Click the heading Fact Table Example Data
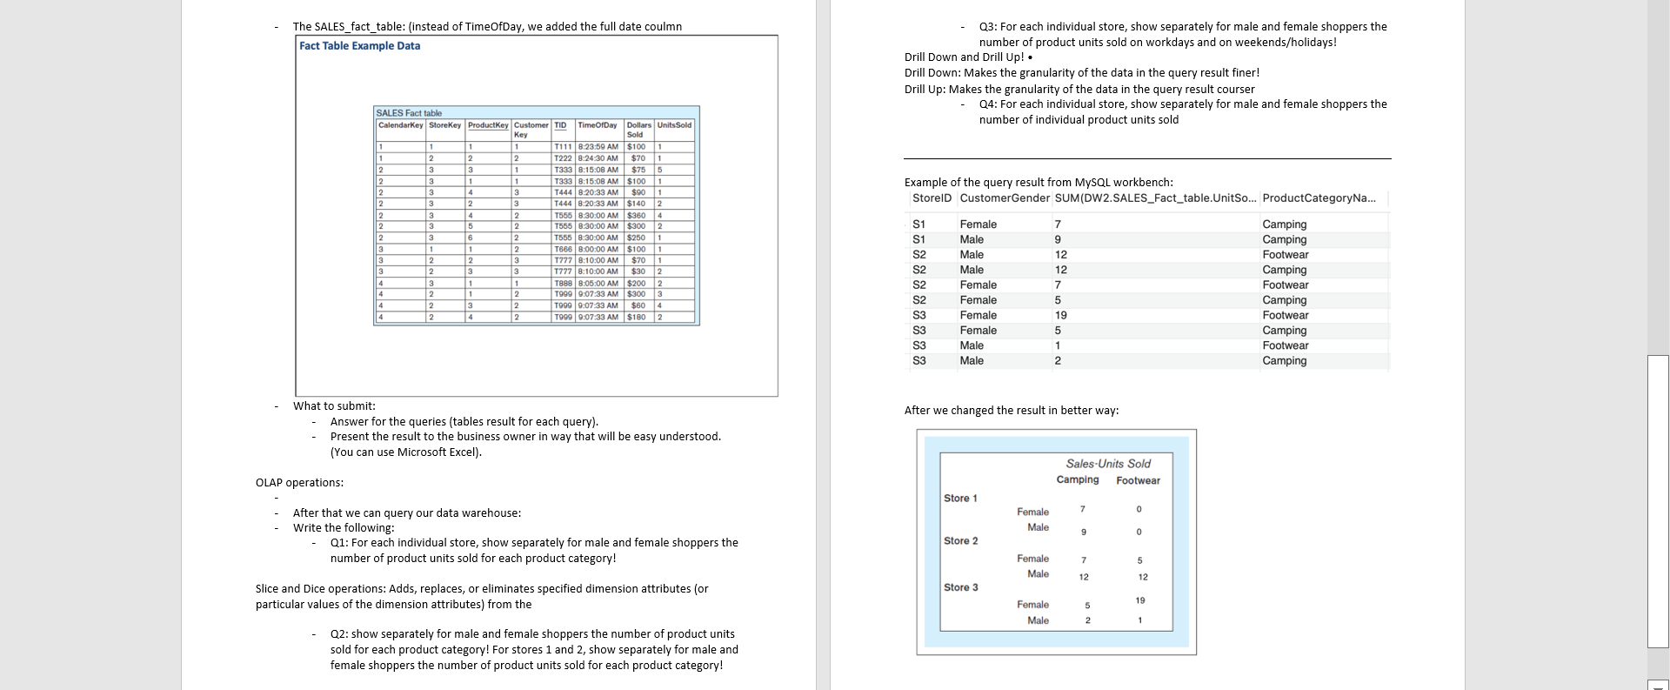pyautogui.click(x=359, y=46)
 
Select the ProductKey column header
pyautogui.click(x=488, y=125)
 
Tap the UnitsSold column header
pyautogui.click(x=674, y=125)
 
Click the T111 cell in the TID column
pyautogui.click(x=563, y=147)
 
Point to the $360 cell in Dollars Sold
pyautogui.click(x=638, y=215)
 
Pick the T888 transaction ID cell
pyautogui.click(x=563, y=283)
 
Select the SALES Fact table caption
pyautogui.click(x=409, y=113)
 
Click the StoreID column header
pyautogui.click(x=932, y=198)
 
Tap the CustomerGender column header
pyautogui.click(x=1005, y=198)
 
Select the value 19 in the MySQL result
pyautogui.click(x=1060, y=315)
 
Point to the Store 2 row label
pyautogui.click(x=960, y=541)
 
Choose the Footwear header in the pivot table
pyautogui.click(x=1138, y=480)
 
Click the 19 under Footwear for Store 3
pyautogui.click(x=1139, y=600)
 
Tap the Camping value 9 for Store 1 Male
pyautogui.click(x=1083, y=532)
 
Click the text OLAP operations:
pyautogui.click(x=299, y=483)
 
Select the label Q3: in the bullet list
pyautogui.click(x=988, y=27)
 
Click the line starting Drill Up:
pyautogui.click(x=1079, y=89)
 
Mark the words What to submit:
pyautogui.click(x=334, y=406)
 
